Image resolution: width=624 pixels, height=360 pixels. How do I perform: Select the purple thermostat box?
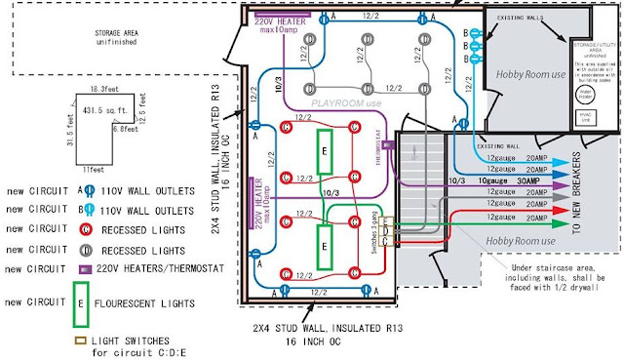tap(387, 144)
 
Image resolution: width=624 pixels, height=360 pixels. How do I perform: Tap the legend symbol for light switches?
tap(78, 340)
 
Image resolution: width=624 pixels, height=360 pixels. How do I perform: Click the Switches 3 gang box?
tap(388, 231)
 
